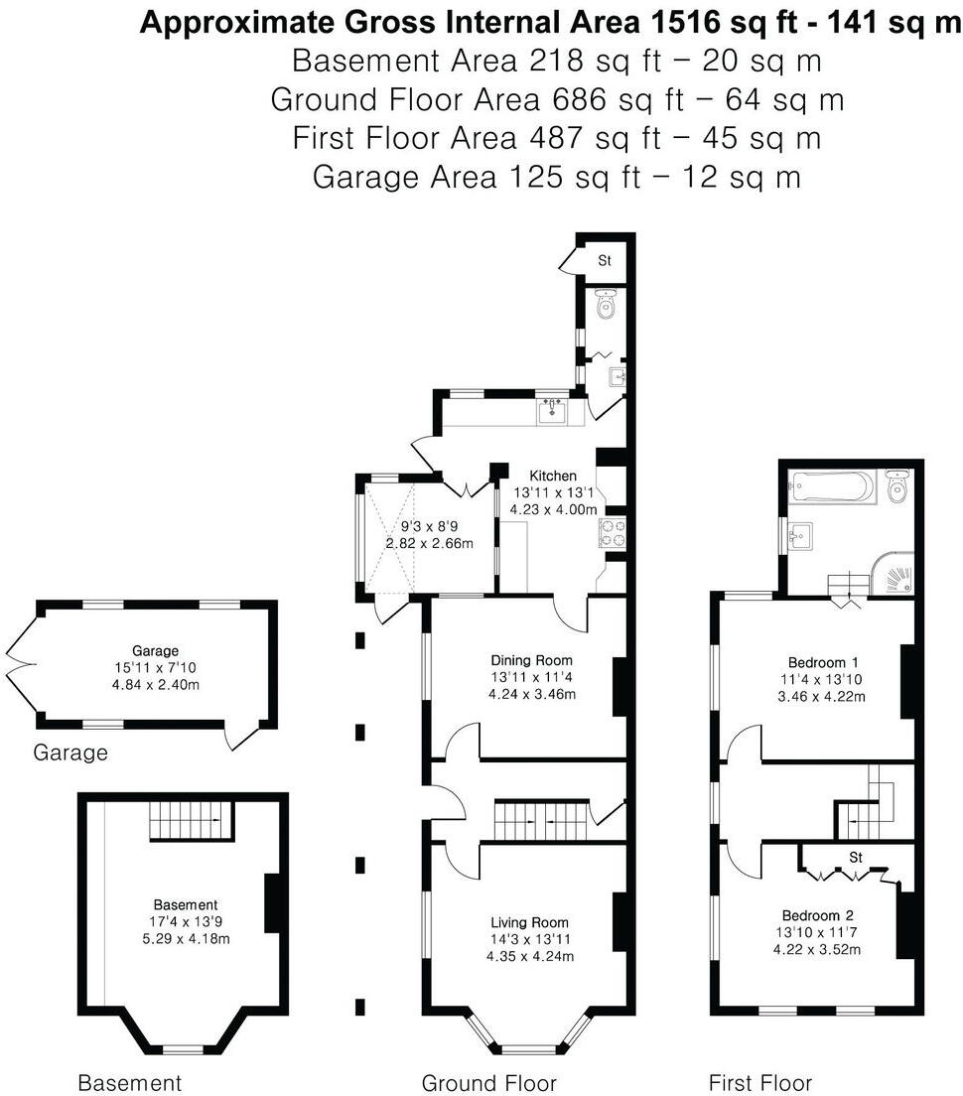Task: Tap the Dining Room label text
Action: pos(532,660)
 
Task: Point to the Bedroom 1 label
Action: pos(823,662)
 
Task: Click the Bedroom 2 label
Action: pos(818,915)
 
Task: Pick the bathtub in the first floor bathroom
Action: pos(832,487)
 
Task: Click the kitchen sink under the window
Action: pos(552,411)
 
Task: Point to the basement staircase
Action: pos(191,821)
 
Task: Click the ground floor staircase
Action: pos(542,820)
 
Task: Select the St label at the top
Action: pos(604,261)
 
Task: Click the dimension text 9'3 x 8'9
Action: pos(429,526)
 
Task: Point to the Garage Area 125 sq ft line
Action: pos(556,177)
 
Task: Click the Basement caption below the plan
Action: pos(129,1082)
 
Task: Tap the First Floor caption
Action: pos(759,1082)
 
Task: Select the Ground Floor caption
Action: pos(488,1082)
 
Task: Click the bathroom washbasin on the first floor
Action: pos(799,538)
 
